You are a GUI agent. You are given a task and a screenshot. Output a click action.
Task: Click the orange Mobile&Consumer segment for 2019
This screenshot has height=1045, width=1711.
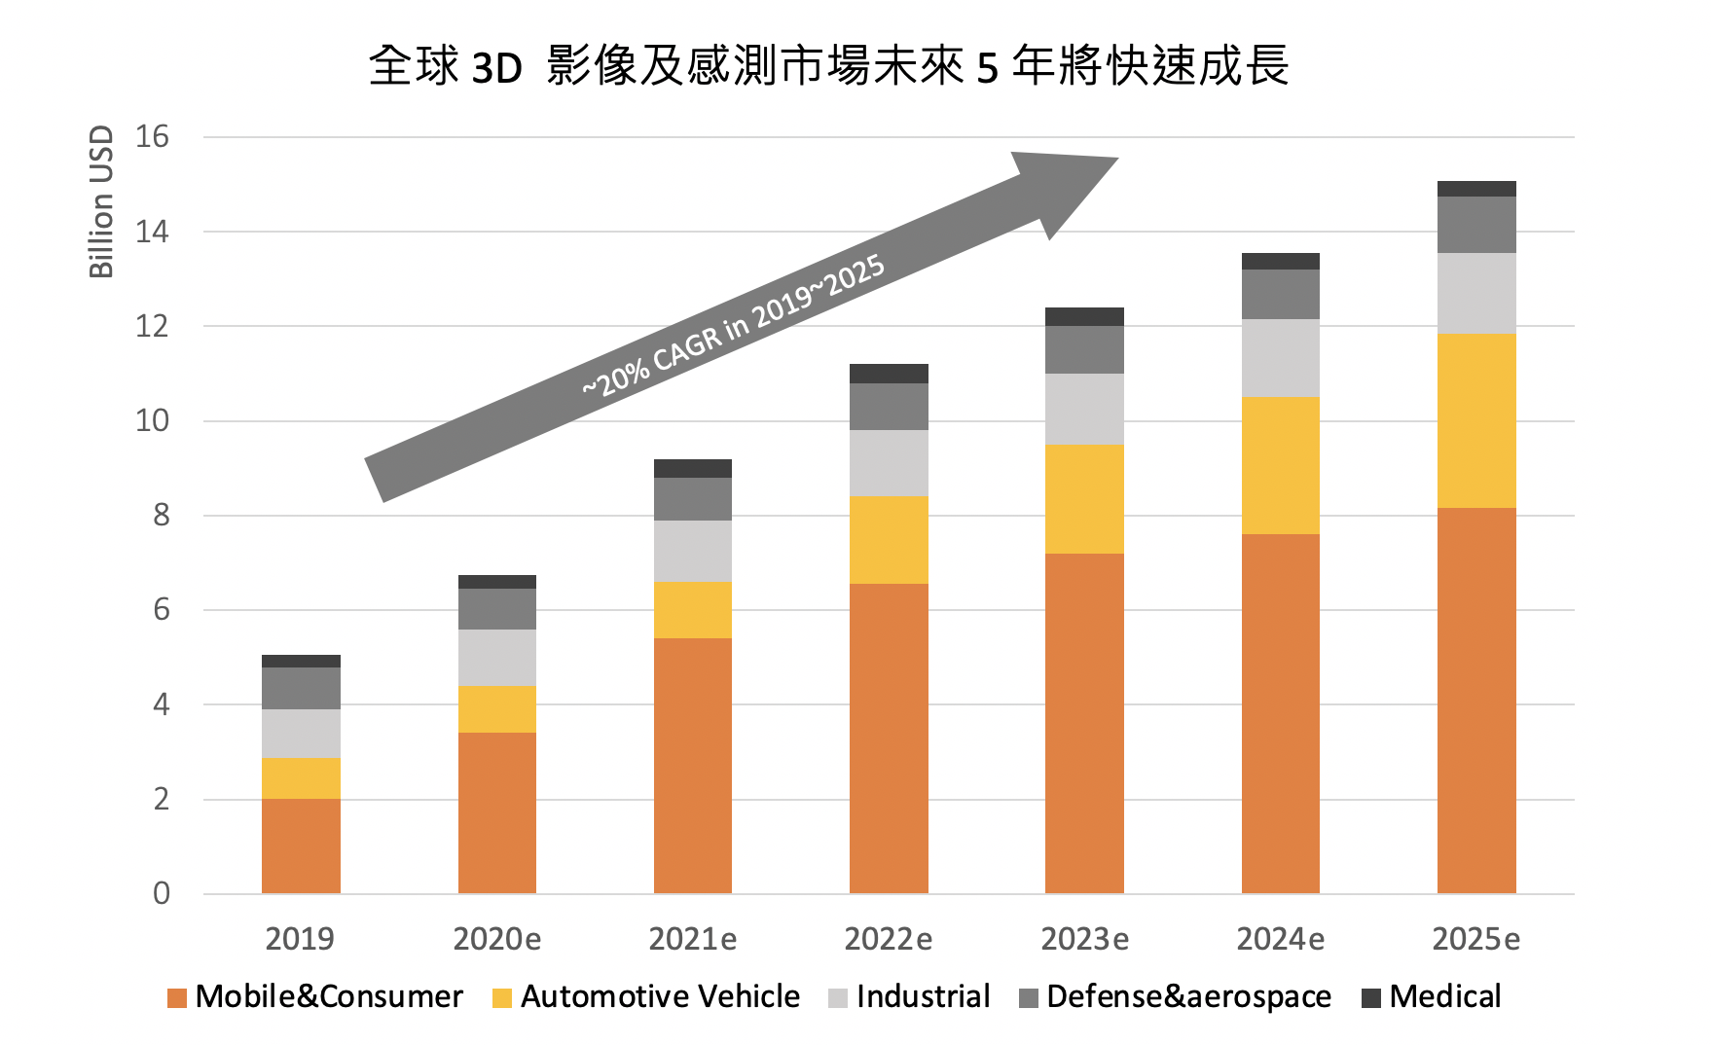(301, 846)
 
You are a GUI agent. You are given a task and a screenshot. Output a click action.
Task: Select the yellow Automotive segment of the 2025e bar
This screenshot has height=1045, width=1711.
(1475, 420)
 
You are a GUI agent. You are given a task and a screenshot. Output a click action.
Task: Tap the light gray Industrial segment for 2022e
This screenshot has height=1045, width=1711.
(889, 463)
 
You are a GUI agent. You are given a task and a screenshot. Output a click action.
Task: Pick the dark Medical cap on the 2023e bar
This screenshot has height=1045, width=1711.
(1084, 316)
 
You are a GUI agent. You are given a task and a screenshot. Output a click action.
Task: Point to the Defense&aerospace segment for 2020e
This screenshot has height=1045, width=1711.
(496, 609)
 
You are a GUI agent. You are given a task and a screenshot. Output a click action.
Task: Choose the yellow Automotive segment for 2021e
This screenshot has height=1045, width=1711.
(692, 610)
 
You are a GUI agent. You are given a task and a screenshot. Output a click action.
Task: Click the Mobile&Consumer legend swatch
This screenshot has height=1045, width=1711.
(176, 997)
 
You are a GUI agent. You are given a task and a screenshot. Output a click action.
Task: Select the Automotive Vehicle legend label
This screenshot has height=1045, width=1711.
(660, 996)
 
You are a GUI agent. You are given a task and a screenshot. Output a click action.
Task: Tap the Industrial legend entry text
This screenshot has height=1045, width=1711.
(923, 996)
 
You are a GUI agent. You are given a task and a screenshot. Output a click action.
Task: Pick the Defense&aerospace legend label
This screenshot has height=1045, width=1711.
(1188, 996)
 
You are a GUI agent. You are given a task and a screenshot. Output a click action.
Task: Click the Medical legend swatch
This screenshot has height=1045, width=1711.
(1370, 997)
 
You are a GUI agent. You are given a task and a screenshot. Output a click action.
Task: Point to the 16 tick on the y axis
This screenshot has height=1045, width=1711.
(152, 137)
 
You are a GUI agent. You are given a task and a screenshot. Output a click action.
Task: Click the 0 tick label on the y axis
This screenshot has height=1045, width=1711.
(161, 893)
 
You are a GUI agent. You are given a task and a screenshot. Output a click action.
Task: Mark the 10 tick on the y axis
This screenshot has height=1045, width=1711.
(152, 420)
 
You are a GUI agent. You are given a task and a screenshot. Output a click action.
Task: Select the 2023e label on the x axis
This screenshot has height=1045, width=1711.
(1084, 939)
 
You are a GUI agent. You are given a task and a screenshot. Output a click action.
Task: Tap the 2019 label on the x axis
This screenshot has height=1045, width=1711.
(300, 939)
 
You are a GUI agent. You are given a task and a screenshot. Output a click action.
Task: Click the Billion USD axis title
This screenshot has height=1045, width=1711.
(101, 201)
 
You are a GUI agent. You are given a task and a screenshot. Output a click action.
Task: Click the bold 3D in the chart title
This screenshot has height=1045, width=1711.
(496, 68)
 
